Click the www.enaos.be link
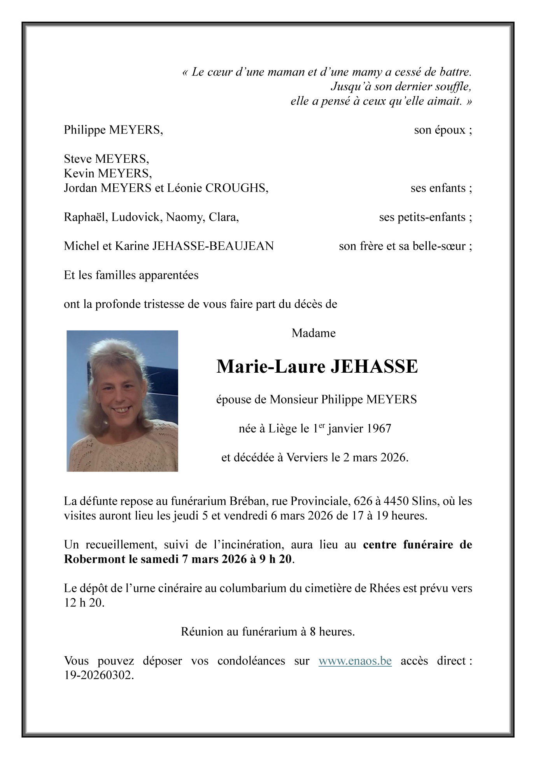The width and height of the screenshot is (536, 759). point(355,661)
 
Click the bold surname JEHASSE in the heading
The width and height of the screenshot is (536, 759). point(374,367)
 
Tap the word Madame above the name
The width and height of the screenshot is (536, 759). point(314,333)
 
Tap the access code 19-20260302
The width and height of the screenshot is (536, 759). point(99,675)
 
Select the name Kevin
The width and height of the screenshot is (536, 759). point(77,173)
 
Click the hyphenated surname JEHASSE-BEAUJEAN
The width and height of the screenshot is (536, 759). point(213,246)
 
